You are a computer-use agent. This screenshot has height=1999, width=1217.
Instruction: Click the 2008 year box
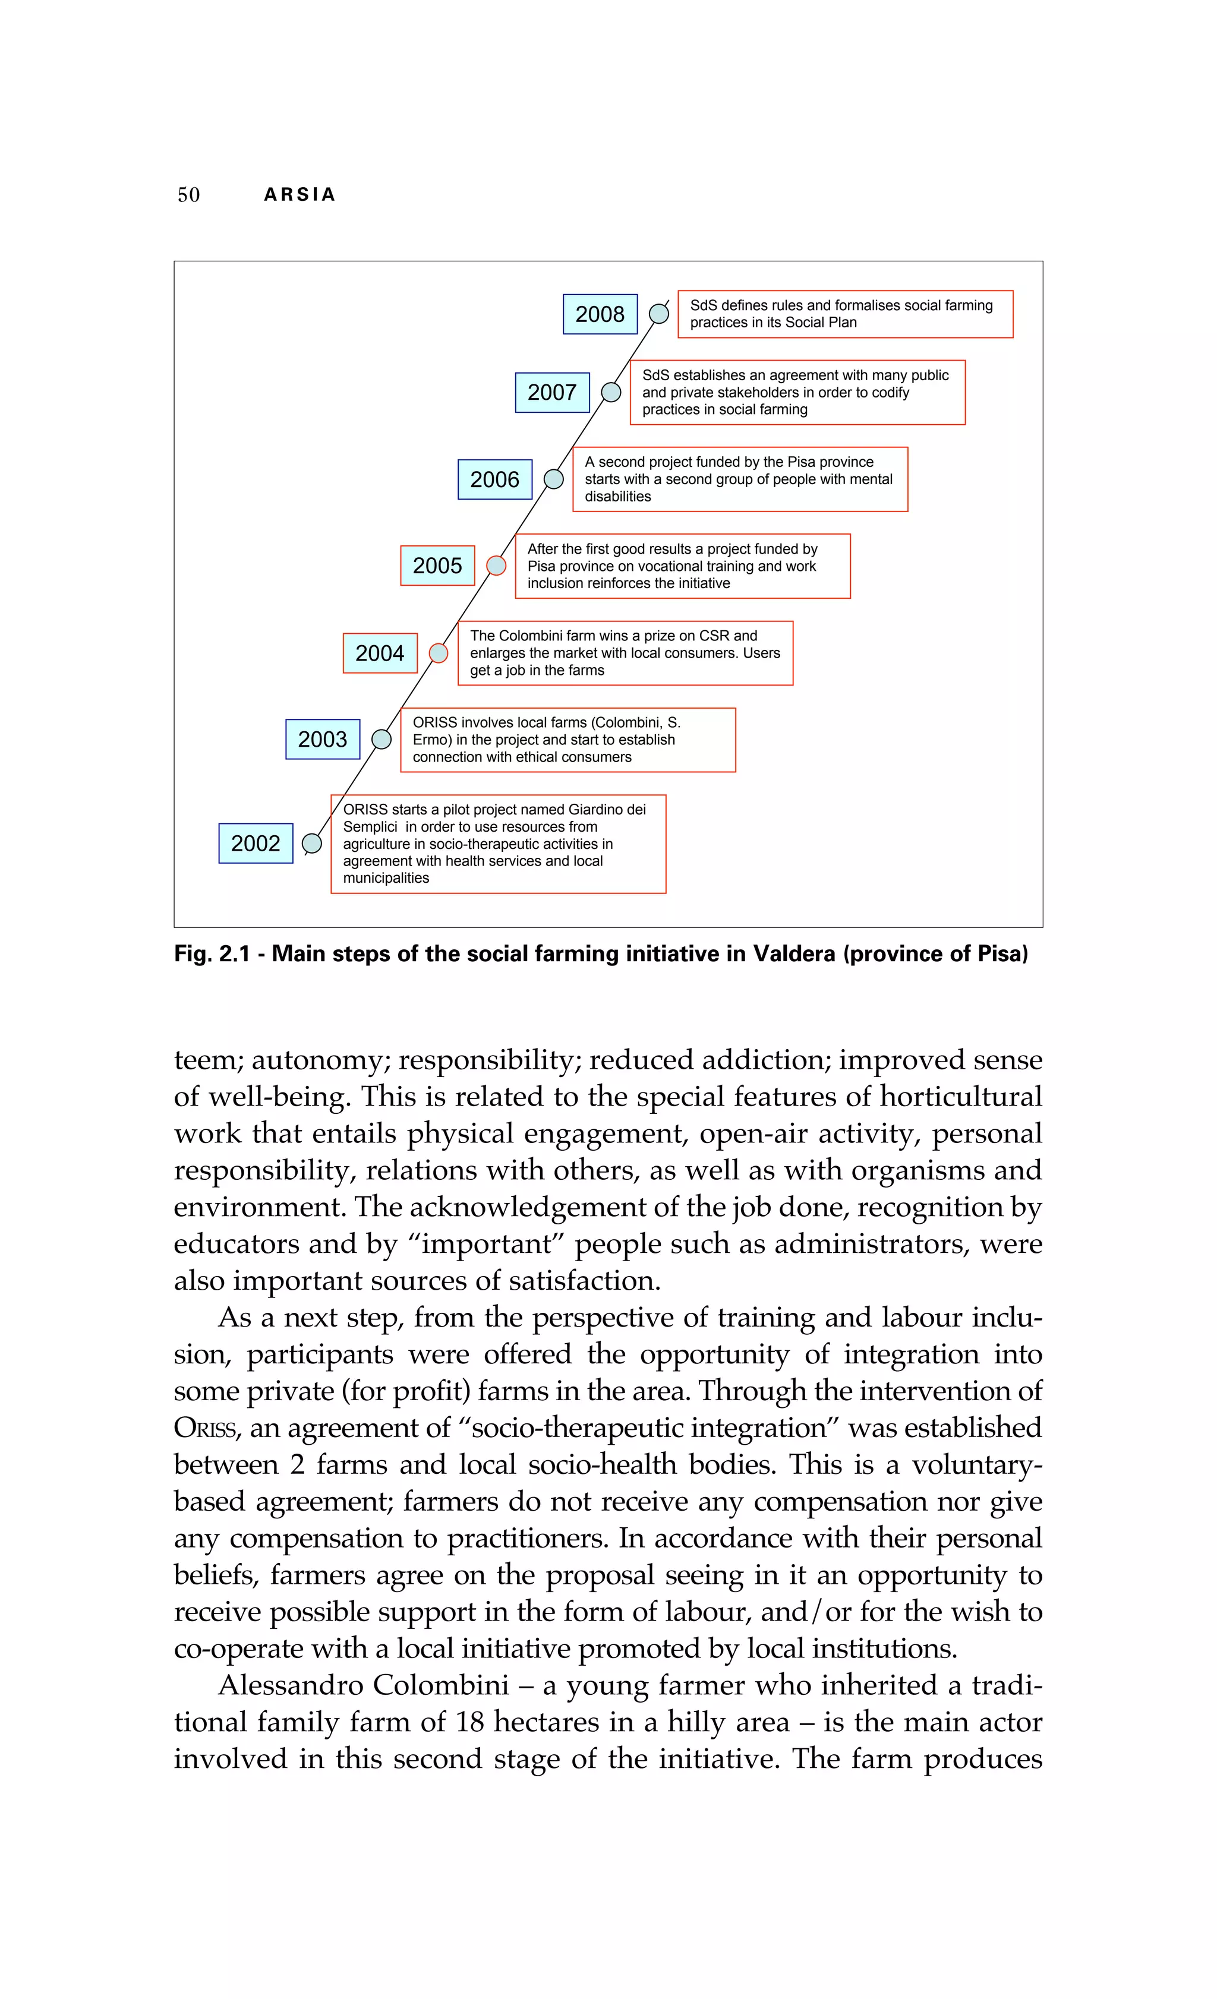[x=600, y=314]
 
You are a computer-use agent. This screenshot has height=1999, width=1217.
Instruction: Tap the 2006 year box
[x=495, y=479]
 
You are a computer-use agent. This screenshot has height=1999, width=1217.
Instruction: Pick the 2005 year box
[x=437, y=566]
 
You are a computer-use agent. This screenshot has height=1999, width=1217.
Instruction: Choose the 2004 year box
[x=380, y=653]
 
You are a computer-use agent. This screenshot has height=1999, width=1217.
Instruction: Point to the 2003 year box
[x=322, y=739]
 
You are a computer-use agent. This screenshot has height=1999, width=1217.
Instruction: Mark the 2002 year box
[x=256, y=844]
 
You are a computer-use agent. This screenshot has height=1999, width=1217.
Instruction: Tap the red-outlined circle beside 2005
[x=496, y=566]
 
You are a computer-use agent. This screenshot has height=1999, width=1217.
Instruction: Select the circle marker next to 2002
[x=311, y=844]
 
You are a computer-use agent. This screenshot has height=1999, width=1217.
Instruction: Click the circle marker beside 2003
[x=382, y=739]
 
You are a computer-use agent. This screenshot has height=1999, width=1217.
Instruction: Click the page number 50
[x=188, y=195]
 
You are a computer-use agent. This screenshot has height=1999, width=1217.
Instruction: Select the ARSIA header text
[x=299, y=195]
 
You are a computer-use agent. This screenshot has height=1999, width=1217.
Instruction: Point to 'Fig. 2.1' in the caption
[x=212, y=953]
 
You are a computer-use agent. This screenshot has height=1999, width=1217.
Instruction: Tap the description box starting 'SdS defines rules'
[x=844, y=314]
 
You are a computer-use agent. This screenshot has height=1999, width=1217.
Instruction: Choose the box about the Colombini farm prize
[x=625, y=653]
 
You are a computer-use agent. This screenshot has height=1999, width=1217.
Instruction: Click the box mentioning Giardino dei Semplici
[x=498, y=844]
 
